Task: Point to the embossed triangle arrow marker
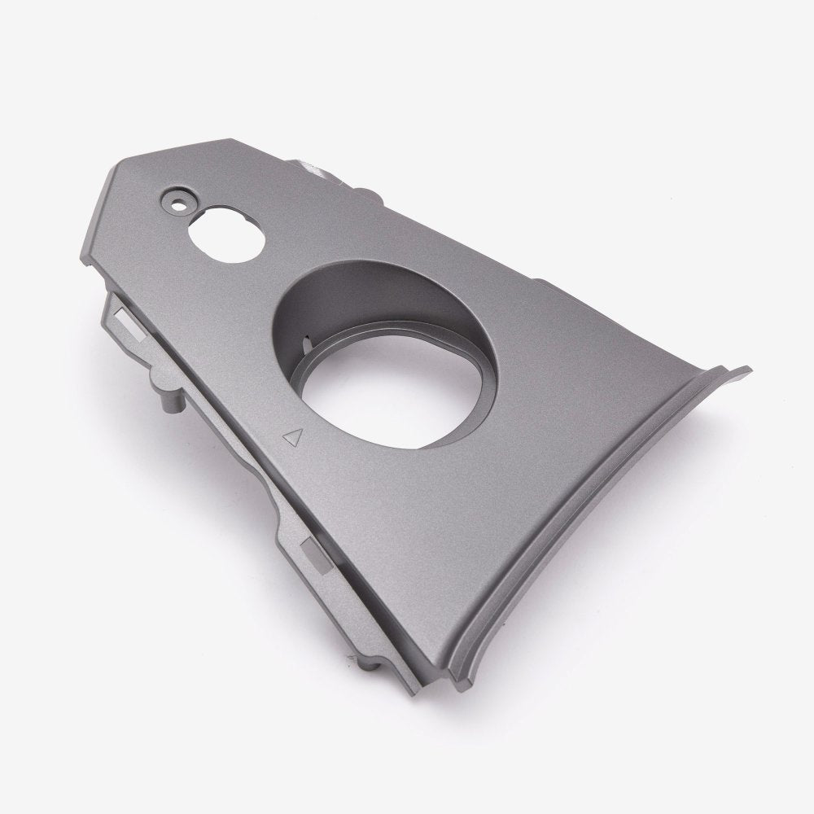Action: (x=290, y=438)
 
